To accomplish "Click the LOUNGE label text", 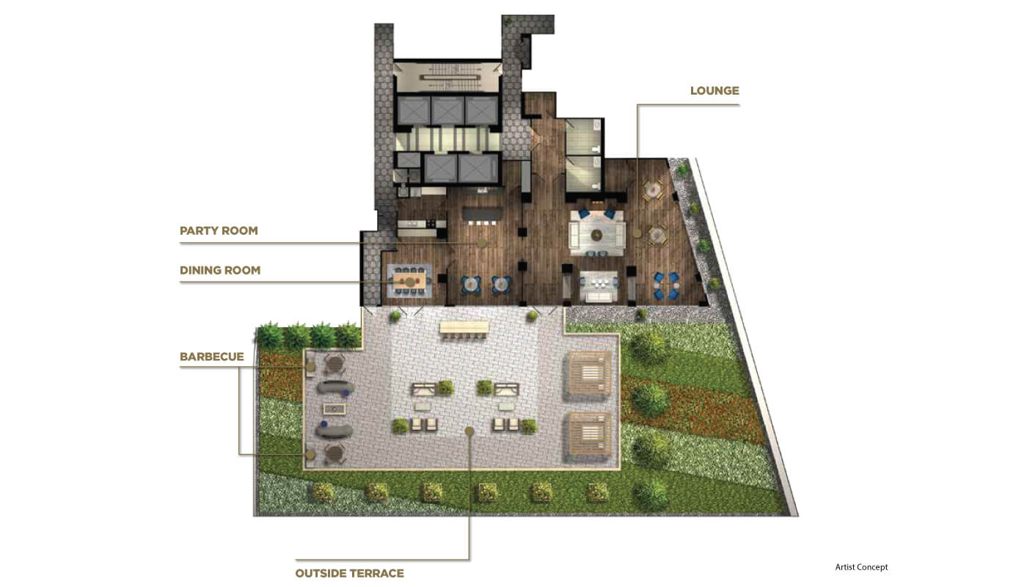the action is pyautogui.click(x=714, y=91).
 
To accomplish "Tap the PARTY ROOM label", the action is pyautogui.click(x=219, y=230).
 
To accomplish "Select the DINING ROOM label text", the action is pyautogui.click(x=220, y=270).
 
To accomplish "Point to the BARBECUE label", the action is pyautogui.click(x=212, y=357).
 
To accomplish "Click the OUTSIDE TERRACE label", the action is pyautogui.click(x=349, y=573).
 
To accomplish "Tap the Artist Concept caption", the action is pyautogui.click(x=861, y=567).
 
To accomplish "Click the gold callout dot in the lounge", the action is pyautogui.click(x=637, y=233).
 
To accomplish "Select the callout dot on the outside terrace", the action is pyautogui.click(x=469, y=431).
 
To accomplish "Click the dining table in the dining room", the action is pyautogui.click(x=409, y=280).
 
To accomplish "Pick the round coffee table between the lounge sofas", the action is pyautogui.click(x=596, y=236).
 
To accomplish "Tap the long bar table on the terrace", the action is pyautogui.click(x=464, y=327).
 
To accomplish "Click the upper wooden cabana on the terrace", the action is pyautogui.click(x=588, y=376).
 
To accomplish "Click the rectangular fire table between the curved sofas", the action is pyautogui.click(x=335, y=409).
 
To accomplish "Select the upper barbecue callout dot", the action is pyautogui.click(x=310, y=367).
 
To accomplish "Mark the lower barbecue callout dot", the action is pyautogui.click(x=310, y=454).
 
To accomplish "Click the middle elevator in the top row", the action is pyautogui.click(x=447, y=111).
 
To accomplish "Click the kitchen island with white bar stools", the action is pyautogui.click(x=482, y=214).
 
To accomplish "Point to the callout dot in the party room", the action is pyautogui.click(x=482, y=244).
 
